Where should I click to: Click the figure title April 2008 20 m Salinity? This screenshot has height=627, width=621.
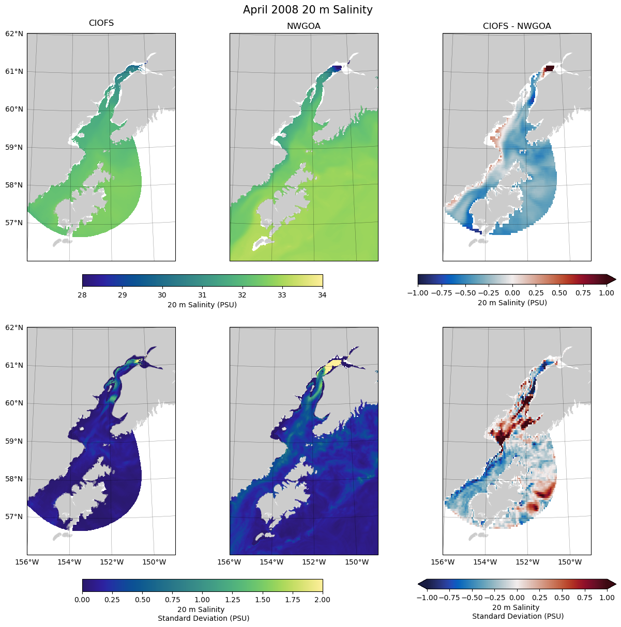point(308,10)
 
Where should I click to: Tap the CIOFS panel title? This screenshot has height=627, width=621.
point(101,23)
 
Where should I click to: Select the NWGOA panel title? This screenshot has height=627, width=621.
point(304,26)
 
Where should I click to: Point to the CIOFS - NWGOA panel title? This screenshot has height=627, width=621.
point(517,26)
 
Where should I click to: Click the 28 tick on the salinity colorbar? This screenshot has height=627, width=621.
point(82,295)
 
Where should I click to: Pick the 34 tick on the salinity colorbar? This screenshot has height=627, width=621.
point(322,295)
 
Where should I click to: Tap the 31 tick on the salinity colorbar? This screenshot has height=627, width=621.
point(202,295)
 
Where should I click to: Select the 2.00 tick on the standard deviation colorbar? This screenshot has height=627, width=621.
point(322,600)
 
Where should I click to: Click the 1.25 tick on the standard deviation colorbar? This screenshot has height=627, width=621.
point(232,600)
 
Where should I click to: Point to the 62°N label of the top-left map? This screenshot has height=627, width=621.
point(14,34)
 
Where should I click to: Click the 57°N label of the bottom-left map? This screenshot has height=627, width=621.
point(14,517)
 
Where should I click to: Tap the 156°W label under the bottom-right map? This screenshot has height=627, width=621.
point(443,562)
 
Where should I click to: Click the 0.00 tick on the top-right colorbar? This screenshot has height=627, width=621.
point(512,293)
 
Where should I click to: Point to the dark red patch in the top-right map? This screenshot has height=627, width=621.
point(549,68)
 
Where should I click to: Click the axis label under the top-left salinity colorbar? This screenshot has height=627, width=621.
point(202,305)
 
